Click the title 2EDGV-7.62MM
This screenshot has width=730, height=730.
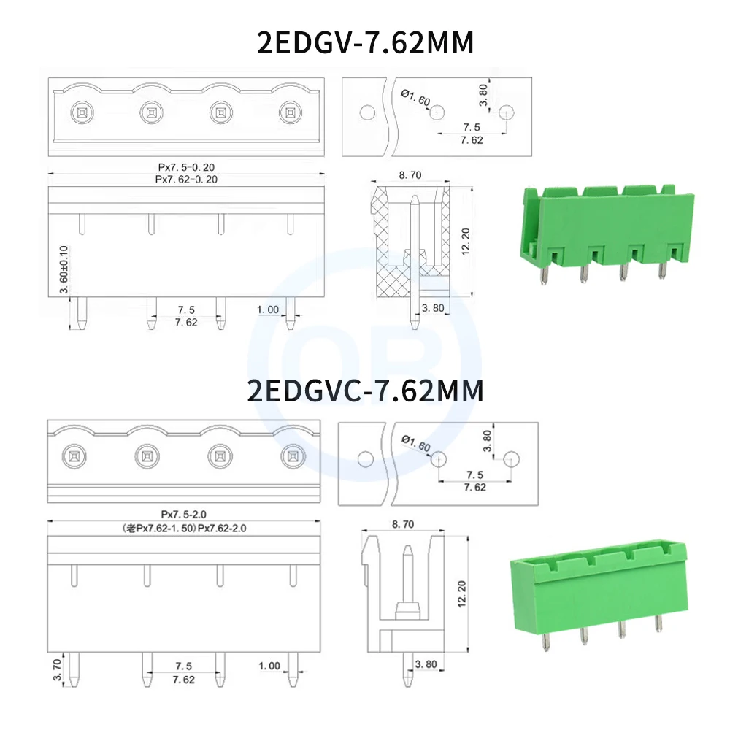point(365,43)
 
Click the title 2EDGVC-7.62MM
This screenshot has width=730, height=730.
point(365,391)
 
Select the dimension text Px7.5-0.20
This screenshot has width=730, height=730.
point(186,167)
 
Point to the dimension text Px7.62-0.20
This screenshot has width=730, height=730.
point(186,179)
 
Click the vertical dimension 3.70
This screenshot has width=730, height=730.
point(58,669)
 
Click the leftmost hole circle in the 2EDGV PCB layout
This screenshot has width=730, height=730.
point(368,112)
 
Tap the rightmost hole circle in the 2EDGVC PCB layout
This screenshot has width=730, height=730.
point(512,458)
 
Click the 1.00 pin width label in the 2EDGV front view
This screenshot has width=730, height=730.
point(268,310)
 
